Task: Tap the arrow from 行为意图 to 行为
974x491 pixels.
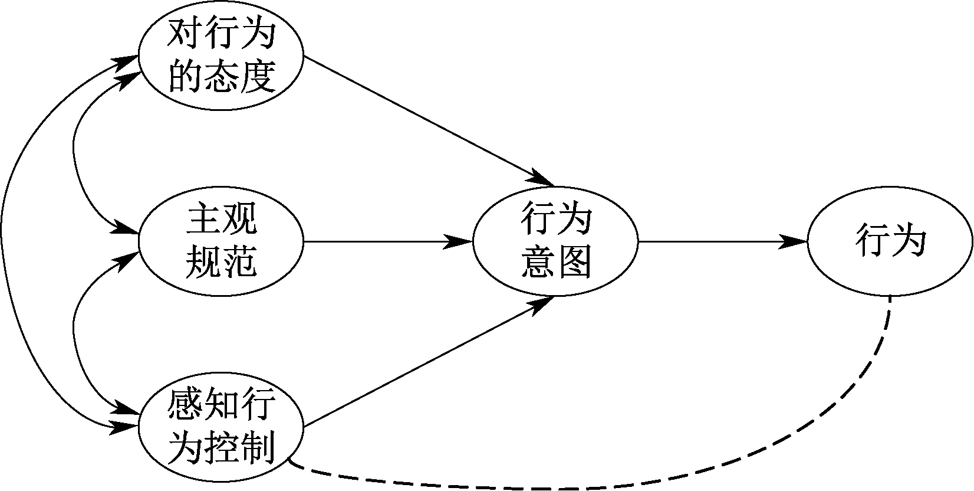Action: coord(719,241)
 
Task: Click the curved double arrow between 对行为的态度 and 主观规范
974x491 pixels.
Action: coord(74,148)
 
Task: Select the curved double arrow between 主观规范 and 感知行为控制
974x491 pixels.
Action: coord(74,330)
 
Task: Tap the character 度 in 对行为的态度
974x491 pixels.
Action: coord(258,77)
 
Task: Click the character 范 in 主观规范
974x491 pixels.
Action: coord(239,261)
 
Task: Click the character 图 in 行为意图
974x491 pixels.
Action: coord(573,261)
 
